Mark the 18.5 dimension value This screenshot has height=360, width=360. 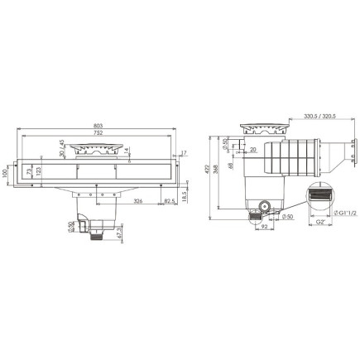[183, 197]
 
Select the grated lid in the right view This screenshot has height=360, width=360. [264, 131]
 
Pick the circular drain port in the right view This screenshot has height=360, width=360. [265, 204]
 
